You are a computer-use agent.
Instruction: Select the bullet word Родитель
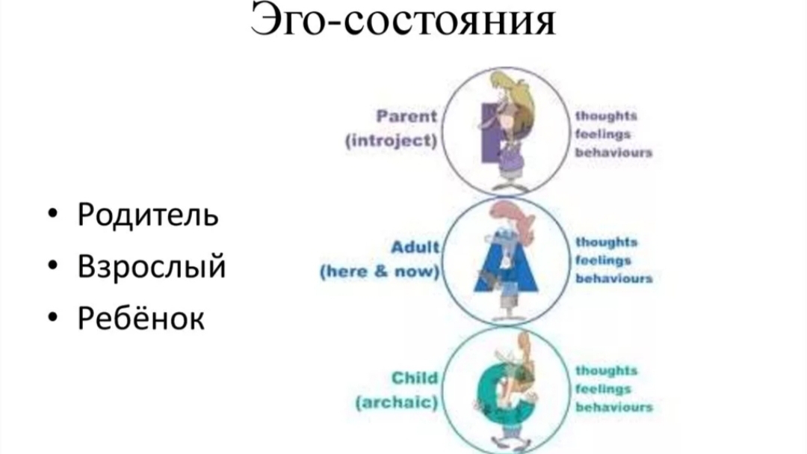148,215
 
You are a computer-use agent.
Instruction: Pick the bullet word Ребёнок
140,319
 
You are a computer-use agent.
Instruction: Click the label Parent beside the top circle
406,116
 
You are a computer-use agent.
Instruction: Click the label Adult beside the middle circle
415,247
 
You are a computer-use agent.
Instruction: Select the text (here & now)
380,272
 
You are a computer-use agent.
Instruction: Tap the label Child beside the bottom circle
415,378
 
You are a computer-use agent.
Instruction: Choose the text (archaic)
396,402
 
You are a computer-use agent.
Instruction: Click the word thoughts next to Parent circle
606,116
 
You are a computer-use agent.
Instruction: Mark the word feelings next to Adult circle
604,260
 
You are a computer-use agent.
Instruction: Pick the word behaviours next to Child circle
613,407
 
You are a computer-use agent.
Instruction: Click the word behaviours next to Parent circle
613,153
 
